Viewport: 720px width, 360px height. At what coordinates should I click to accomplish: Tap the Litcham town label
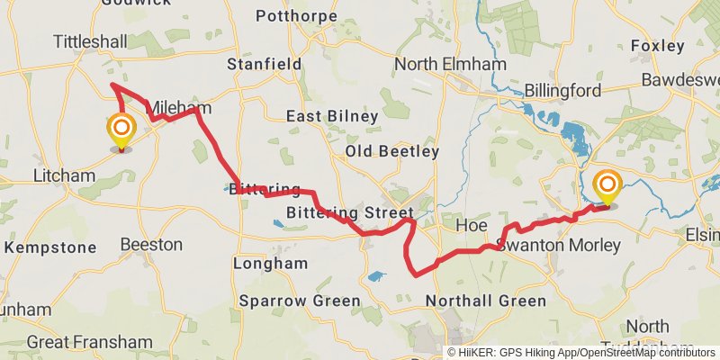(x=63, y=175)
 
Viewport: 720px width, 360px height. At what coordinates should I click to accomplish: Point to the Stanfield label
(x=264, y=65)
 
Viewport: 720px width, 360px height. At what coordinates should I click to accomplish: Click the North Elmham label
(x=448, y=65)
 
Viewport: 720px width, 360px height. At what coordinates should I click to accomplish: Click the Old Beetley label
(x=392, y=151)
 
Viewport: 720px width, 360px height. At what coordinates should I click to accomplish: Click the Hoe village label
(x=472, y=224)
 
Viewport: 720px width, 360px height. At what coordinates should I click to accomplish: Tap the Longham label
(x=270, y=264)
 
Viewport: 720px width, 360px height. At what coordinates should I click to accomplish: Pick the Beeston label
(x=151, y=244)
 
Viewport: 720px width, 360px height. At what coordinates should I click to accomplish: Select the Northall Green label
(x=485, y=301)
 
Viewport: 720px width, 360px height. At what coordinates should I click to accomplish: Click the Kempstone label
(x=51, y=247)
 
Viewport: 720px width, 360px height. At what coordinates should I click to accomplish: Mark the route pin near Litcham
(x=121, y=131)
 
